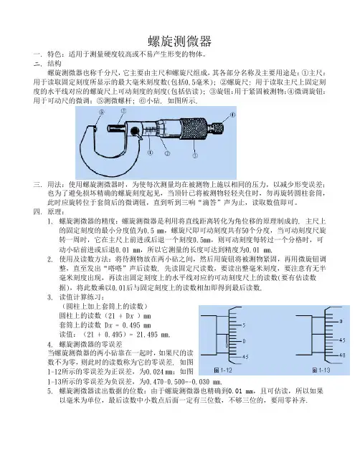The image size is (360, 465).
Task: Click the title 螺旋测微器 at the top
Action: (x=180, y=42)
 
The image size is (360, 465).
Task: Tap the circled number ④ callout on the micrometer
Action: (x=232, y=115)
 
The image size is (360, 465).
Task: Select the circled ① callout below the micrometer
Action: (x=150, y=153)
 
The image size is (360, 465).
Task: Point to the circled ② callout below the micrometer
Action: (x=167, y=153)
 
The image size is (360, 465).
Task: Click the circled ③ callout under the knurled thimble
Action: (x=195, y=155)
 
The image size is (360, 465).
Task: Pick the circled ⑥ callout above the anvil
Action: (x=102, y=112)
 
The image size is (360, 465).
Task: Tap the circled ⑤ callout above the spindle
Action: (x=123, y=111)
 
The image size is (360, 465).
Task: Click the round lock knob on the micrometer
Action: (x=135, y=131)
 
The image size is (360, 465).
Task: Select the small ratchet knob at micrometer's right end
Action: (x=217, y=128)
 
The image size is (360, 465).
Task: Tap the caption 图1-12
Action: (x=222, y=370)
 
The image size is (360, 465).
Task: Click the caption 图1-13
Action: (x=321, y=370)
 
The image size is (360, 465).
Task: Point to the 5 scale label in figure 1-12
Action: (x=244, y=325)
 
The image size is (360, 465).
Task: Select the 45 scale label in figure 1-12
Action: (x=245, y=357)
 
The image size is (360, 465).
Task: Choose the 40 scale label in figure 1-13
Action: (x=342, y=355)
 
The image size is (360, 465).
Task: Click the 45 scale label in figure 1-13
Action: (x=342, y=340)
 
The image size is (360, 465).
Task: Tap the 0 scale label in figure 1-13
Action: (x=341, y=321)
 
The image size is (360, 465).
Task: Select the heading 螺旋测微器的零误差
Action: (x=90, y=345)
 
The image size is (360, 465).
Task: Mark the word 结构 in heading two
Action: (x=55, y=64)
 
